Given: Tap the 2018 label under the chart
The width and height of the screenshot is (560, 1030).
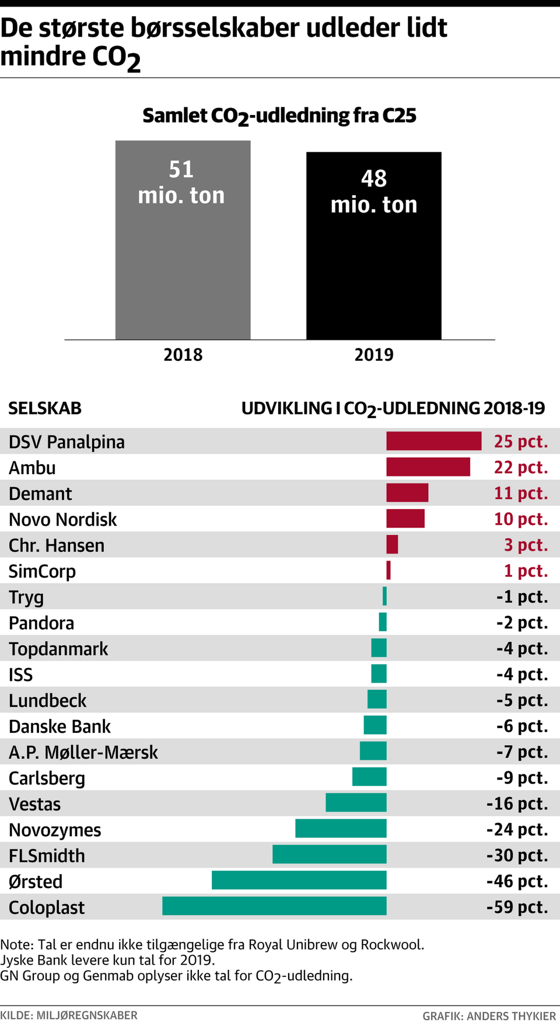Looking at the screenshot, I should (x=183, y=354).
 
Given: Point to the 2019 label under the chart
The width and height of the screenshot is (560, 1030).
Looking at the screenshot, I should (x=374, y=354).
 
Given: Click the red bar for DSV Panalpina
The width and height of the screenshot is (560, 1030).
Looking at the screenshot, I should (x=433, y=441).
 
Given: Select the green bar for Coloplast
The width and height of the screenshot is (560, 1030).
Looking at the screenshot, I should (x=274, y=906).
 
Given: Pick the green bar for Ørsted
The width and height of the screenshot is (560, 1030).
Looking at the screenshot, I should (x=299, y=881).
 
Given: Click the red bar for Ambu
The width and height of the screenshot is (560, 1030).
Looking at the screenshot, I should (x=428, y=467).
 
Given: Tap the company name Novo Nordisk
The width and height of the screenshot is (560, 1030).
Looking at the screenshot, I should (x=63, y=520).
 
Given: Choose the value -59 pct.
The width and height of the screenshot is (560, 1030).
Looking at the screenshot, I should (x=517, y=907).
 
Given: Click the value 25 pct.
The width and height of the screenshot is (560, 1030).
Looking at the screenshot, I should (x=520, y=441).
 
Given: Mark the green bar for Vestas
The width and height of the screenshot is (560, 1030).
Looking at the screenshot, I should (x=356, y=803).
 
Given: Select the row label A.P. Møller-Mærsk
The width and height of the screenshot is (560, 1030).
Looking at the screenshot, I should (x=83, y=752).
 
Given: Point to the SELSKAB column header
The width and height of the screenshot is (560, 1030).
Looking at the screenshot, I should (x=45, y=408).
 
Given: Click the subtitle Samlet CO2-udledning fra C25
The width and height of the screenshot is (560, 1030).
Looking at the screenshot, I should (x=279, y=116).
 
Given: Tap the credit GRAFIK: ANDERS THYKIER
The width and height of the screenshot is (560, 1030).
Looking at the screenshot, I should (x=489, y=1016).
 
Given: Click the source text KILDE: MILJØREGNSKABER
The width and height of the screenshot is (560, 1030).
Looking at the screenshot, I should (x=69, y=1015).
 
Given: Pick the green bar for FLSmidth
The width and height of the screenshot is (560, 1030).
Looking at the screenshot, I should (x=329, y=855).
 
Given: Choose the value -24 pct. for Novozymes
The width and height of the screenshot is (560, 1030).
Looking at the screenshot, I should (x=517, y=829).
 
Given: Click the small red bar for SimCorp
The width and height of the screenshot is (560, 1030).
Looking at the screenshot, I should (x=388, y=570).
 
